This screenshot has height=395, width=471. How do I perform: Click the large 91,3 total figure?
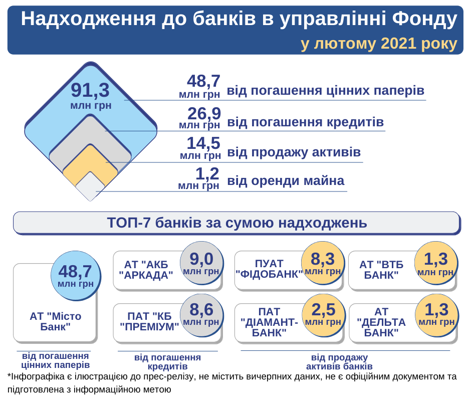[x=90, y=91]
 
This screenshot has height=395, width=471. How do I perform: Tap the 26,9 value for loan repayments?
[x=203, y=114]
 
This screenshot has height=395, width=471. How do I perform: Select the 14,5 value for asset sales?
[x=203, y=144]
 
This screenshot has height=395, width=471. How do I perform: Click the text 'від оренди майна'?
[x=286, y=180]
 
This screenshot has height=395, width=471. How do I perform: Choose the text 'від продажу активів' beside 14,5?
[x=294, y=151]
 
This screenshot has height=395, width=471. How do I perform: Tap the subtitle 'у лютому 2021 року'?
[x=379, y=44]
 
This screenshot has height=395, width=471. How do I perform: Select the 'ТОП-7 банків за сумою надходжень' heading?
[x=237, y=223]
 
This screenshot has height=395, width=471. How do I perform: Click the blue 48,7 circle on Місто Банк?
[x=76, y=275]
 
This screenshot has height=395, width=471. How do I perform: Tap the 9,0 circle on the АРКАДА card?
[x=201, y=264]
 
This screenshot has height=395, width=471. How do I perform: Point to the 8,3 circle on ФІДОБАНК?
[x=323, y=264]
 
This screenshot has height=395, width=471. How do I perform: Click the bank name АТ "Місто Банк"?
[x=55, y=321]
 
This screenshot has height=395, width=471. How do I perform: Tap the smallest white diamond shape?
[x=90, y=187]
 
